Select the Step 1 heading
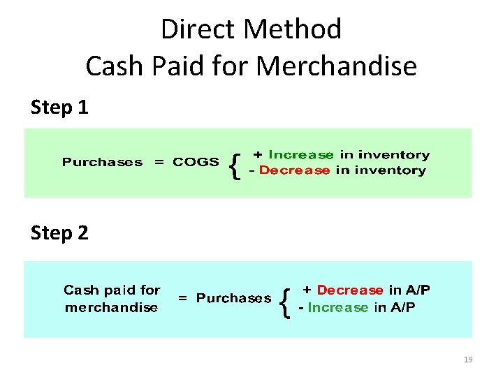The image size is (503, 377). (x=59, y=108)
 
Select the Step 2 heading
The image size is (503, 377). (x=59, y=232)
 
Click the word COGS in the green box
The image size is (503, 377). (x=196, y=162)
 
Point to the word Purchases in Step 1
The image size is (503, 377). (x=102, y=162)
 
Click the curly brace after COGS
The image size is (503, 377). (x=235, y=165)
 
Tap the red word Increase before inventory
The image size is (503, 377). (x=301, y=155)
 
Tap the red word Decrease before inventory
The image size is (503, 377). (x=293, y=170)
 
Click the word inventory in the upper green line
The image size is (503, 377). (x=393, y=155)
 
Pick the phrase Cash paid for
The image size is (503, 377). (x=112, y=290)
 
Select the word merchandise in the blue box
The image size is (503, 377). (x=111, y=307)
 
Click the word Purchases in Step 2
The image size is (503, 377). (x=233, y=298)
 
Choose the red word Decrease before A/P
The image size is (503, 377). (x=350, y=290)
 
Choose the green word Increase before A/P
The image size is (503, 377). (x=337, y=307)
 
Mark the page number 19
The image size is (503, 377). (x=468, y=360)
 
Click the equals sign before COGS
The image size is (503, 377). (x=160, y=162)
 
